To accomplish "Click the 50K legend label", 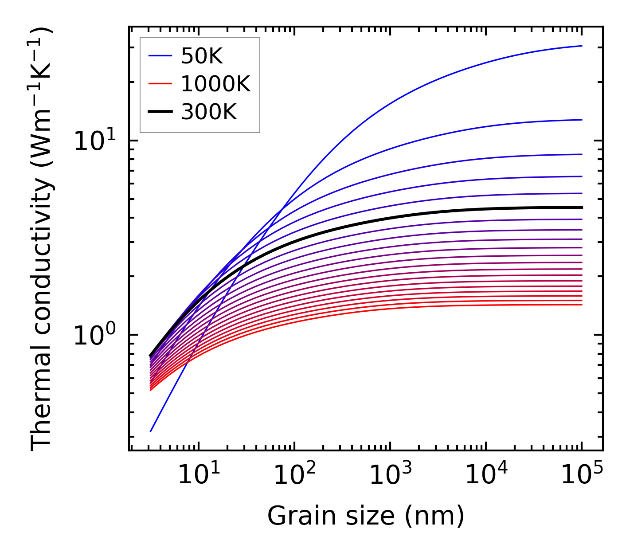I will [x=202, y=56].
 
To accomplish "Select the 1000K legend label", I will [x=215, y=84].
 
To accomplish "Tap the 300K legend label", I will [x=209, y=112].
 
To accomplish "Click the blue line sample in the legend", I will [x=160, y=56].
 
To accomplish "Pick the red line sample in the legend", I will [x=160, y=84].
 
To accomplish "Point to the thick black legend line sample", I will [x=160, y=112].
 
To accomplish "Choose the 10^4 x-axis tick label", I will [x=485, y=476].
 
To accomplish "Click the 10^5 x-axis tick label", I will [x=581, y=476].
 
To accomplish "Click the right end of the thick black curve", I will [x=581, y=207].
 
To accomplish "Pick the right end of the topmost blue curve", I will [x=581, y=46].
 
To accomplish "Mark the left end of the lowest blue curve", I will [x=151, y=431].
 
